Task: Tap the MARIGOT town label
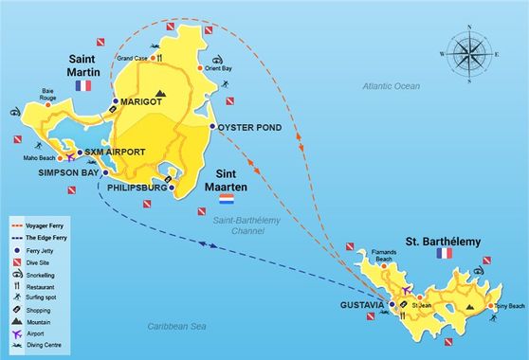tap(141, 101)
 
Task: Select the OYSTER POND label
tap(248, 127)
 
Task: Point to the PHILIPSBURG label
tap(133, 187)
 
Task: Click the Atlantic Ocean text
tap(391, 86)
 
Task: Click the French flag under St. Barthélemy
tap(443, 254)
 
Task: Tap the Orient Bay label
tap(220, 68)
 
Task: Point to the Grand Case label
tap(133, 59)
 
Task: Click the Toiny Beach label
tap(506, 307)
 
